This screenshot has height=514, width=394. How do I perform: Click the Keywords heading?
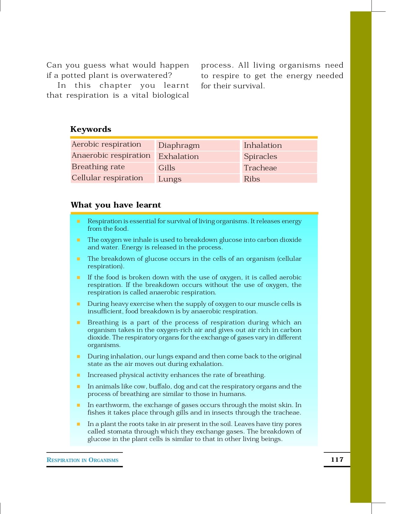click(91, 129)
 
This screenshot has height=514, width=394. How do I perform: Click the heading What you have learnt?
click(116, 205)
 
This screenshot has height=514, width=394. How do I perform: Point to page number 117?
click(337, 459)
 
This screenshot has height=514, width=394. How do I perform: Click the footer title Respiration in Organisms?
click(83, 460)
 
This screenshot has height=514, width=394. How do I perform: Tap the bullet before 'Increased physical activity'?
click(78, 375)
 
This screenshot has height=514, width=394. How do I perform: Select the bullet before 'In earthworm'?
click(78, 405)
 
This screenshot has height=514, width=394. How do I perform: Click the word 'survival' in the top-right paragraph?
click(249, 86)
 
